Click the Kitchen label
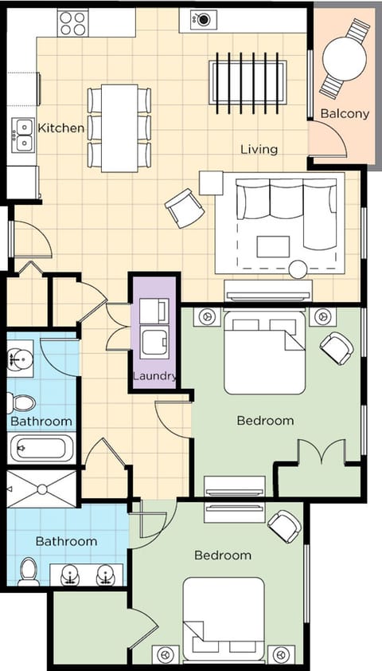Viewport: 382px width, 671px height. pos(61,128)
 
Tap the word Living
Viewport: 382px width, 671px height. pos(259,149)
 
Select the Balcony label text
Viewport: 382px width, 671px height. pos(345,114)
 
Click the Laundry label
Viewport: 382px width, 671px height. pos(155,376)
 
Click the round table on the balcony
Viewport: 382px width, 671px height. pos(344,57)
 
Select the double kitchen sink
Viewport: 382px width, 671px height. pos(22,134)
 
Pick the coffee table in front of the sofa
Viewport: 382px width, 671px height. pos(273,246)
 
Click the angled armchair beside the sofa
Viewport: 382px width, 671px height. pos(184,207)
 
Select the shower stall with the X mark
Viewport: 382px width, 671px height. pos(41,489)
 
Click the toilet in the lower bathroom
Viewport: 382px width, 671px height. pos(29,571)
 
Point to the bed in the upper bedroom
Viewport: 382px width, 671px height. pos(264,355)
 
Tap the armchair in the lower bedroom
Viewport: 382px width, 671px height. pos(284,525)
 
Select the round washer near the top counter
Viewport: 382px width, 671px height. pos(203,18)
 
